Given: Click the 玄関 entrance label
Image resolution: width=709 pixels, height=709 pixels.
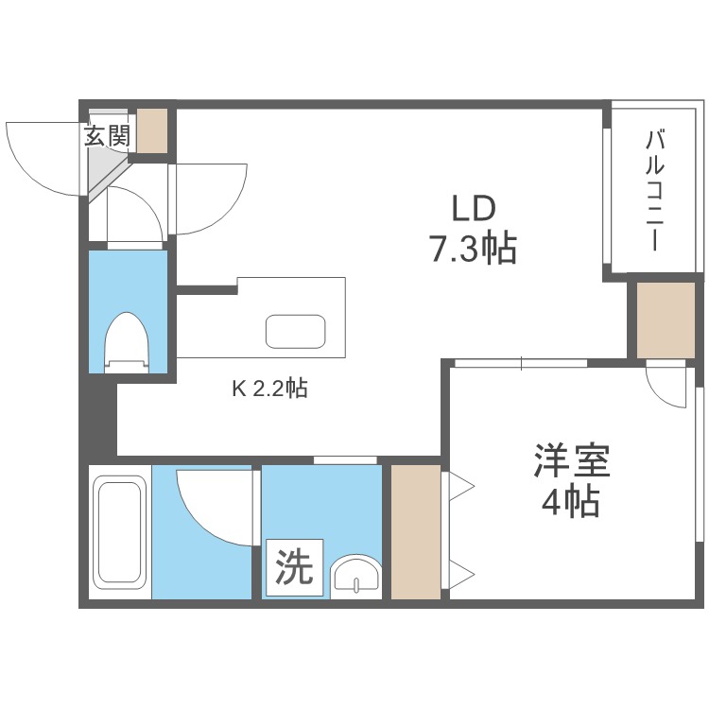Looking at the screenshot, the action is click(x=108, y=135).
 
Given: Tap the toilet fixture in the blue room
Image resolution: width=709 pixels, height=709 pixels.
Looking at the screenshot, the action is click(x=127, y=342).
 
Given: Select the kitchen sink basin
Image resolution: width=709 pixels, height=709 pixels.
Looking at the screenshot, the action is click(x=296, y=331).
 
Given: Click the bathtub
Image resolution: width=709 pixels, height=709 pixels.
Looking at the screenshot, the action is click(x=120, y=530).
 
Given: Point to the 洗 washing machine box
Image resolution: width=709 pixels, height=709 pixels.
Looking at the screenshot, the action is click(x=294, y=567).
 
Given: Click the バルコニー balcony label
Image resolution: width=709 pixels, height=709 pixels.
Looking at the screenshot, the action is click(x=655, y=190).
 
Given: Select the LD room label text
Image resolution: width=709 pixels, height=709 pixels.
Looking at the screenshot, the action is click(x=474, y=209).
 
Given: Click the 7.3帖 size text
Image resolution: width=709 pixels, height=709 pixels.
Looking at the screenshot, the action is click(x=474, y=249).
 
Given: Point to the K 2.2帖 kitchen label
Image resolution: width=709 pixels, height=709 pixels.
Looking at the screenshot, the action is click(x=270, y=388).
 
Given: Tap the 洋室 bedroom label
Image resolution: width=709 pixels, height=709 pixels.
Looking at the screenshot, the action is click(x=572, y=460).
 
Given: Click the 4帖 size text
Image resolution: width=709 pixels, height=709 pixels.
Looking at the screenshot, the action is click(x=571, y=501).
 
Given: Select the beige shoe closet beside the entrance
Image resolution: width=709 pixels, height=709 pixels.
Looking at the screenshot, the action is click(x=152, y=130).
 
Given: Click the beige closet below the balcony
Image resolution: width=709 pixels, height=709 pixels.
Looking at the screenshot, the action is click(x=666, y=320).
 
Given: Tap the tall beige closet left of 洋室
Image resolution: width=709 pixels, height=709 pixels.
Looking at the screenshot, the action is click(x=416, y=531).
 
